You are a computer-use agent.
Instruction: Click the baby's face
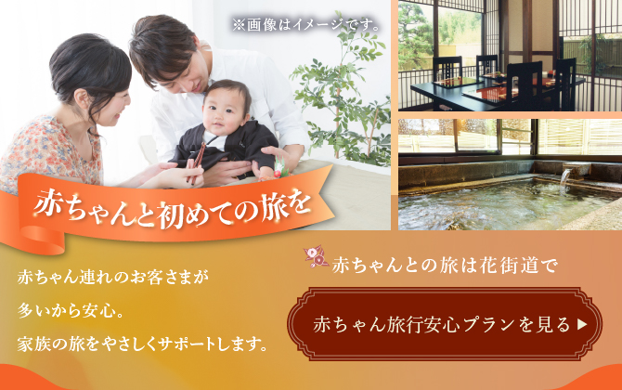(227, 111)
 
